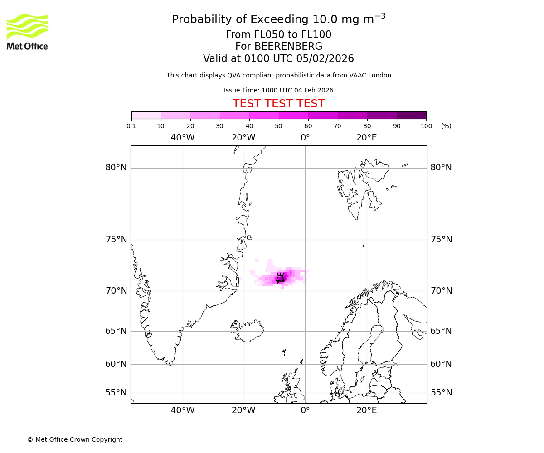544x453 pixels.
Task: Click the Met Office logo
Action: pos(27,32)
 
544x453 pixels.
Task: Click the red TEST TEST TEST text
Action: pos(278,104)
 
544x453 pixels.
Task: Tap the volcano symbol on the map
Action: pos(281,277)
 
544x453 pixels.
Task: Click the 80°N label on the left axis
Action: pos(116,168)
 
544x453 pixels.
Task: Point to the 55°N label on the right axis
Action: pos(441,393)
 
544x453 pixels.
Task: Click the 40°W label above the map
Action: pos(183,137)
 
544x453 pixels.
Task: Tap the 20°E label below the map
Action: pos(366,410)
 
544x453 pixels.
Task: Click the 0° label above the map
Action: pos(305,137)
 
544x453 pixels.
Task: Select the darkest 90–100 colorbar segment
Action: pos(411,115)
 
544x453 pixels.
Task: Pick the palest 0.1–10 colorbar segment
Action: pos(146,115)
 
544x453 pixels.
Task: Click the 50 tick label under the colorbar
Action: pos(278,126)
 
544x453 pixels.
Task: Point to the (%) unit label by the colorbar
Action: pos(446,126)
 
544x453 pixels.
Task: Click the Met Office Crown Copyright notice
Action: pos(75,439)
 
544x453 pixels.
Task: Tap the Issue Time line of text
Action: pos(278,90)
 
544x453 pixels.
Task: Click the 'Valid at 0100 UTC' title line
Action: pos(278,59)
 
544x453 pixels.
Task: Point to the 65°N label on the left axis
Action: pos(116,331)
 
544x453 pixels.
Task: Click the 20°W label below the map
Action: pos(243,410)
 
